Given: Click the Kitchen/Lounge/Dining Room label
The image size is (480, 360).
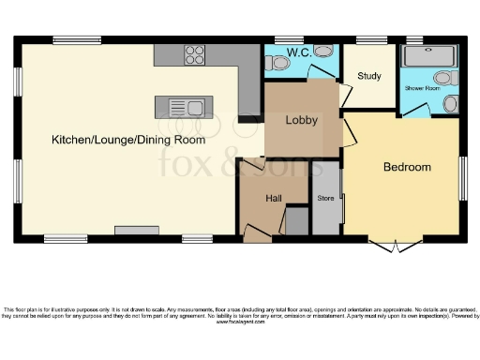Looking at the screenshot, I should [x=128, y=140].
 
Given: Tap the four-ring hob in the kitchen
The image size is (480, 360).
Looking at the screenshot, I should [x=195, y=54].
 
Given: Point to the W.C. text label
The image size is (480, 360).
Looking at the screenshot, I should [x=300, y=52].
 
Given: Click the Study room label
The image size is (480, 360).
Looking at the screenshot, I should [x=368, y=76].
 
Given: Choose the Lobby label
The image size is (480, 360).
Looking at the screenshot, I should [x=302, y=120].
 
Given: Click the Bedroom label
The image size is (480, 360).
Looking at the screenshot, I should [x=407, y=167].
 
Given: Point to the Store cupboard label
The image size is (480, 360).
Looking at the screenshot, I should [x=325, y=199].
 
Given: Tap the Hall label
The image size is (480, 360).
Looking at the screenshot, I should [x=274, y=199].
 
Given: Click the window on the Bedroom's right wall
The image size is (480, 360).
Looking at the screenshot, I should [x=461, y=176].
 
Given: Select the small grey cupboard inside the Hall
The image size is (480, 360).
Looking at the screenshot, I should [x=296, y=222].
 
